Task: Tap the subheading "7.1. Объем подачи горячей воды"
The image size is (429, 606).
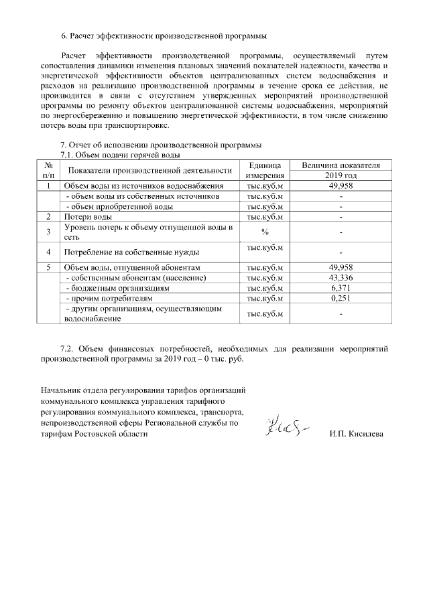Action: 118,155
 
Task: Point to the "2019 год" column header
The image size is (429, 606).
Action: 341,175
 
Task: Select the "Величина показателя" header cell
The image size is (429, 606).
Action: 341,165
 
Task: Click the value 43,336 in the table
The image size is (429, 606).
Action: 341,277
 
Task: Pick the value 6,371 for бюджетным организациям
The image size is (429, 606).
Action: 341,287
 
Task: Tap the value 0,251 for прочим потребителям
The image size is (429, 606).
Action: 341,297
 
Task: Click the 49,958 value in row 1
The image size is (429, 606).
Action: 341,186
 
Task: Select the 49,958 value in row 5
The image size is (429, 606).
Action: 341,267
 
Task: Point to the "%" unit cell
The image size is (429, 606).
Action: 265,232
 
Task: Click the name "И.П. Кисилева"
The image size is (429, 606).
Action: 356,435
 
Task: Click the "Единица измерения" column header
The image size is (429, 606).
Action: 265,170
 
